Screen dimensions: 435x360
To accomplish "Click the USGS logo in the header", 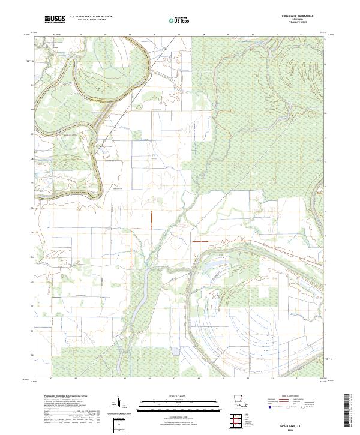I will coord(55,20).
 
